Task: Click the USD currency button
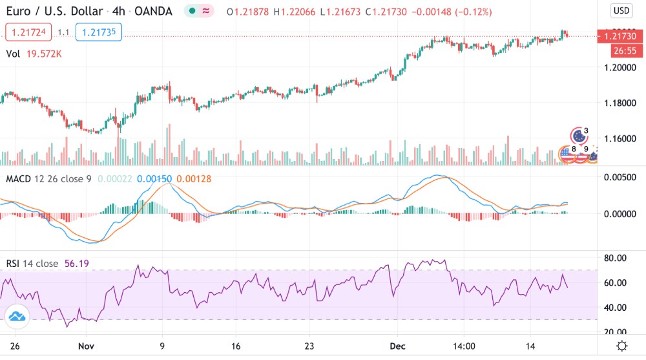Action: pyautogui.click(x=621, y=10)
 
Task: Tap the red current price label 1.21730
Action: pyautogui.click(x=620, y=37)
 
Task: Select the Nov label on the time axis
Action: pyautogui.click(x=86, y=346)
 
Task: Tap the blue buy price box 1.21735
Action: pyautogui.click(x=98, y=32)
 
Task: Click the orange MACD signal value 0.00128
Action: pyautogui.click(x=194, y=178)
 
